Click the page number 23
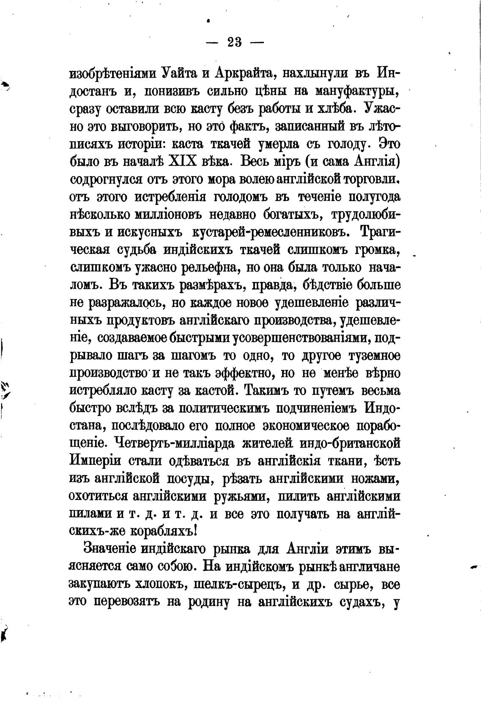click(x=234, y=43)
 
